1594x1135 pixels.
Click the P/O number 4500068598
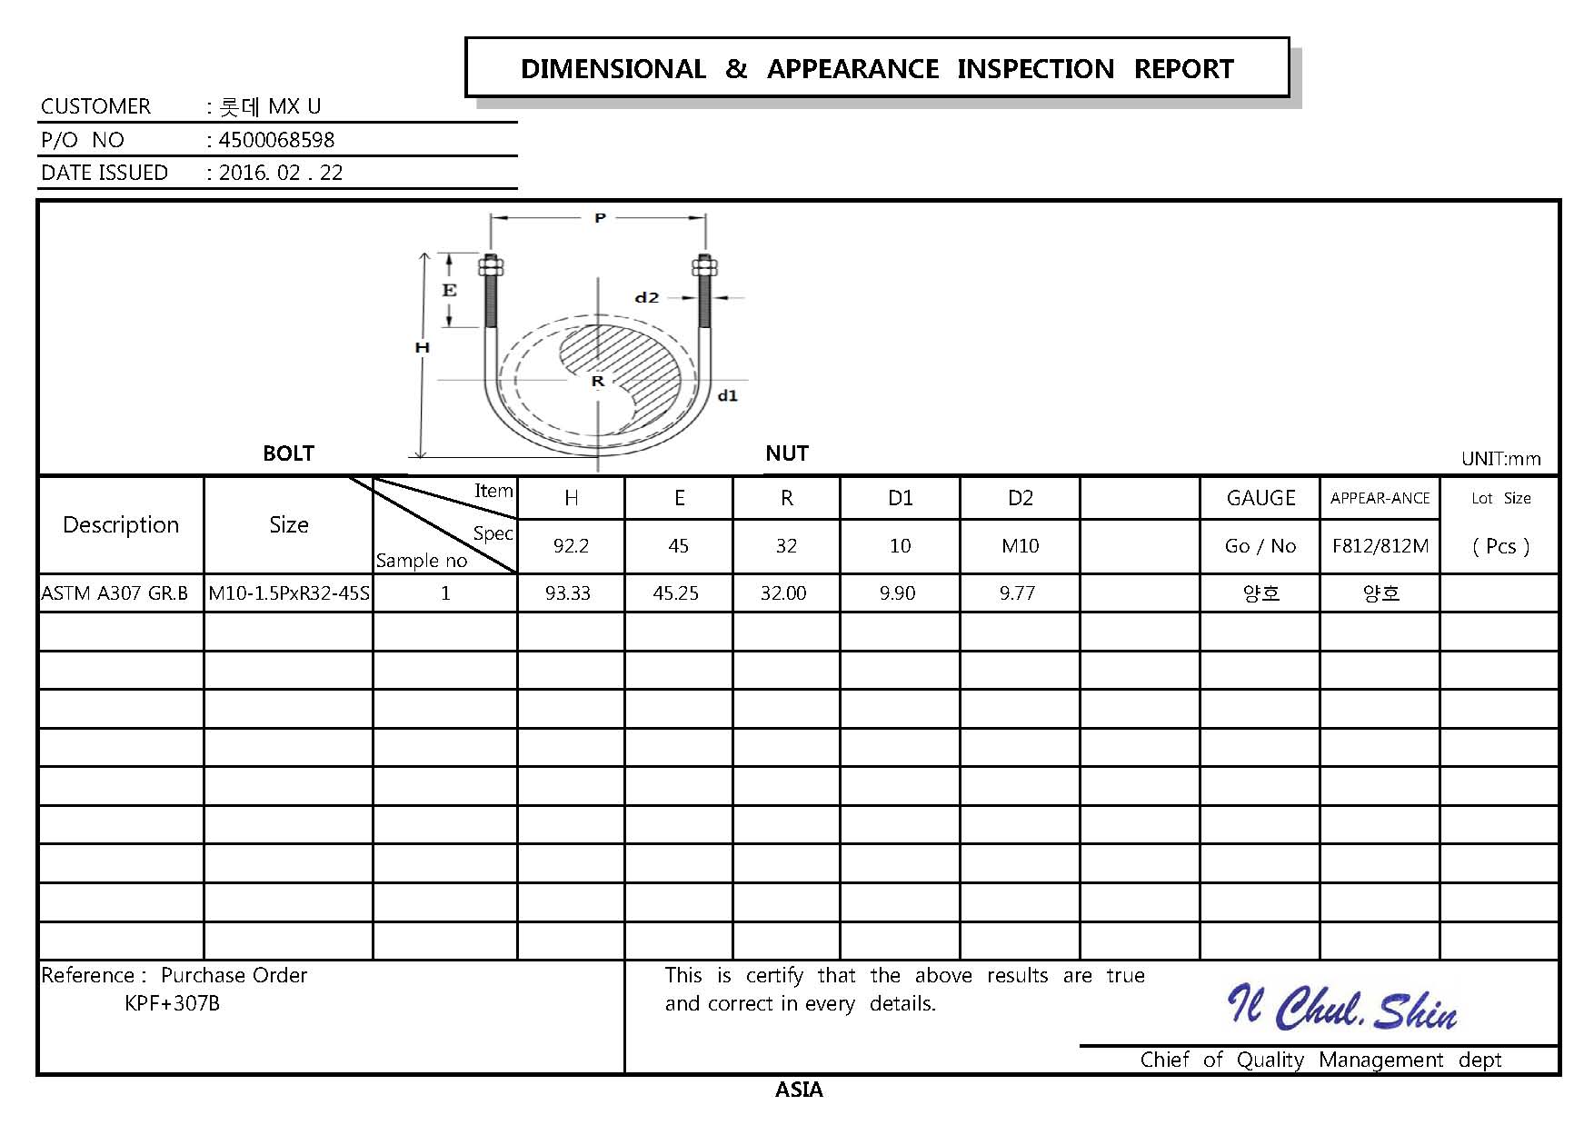click(276, 140)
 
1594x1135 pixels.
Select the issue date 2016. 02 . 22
click(281, 173)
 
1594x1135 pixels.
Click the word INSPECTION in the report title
click(1035, 69)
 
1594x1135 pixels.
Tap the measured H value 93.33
click(568, 593)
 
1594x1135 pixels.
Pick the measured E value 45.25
click(676, 593)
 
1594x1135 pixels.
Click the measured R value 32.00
click(783, 593)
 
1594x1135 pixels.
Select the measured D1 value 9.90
click(898, 593)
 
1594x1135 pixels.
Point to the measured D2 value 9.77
click(1017, 593)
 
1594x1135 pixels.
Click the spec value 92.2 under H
click(571, 546)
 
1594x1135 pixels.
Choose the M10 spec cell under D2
click(1021, 546)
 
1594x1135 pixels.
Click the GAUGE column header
click(1260, 498)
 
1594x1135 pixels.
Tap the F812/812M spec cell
click(1380, 546)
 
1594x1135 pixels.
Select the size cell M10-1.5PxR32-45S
click(289, 593)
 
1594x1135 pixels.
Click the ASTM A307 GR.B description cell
click(115, 593)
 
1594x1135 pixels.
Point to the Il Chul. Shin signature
click(1342, 1009)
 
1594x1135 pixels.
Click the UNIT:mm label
click(1500, 459)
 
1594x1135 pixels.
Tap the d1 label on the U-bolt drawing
click(728, 395)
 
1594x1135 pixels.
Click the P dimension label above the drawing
click(600, 218)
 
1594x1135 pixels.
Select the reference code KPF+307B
click(172, 1003)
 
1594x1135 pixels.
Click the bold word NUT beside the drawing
click(787, 453)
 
